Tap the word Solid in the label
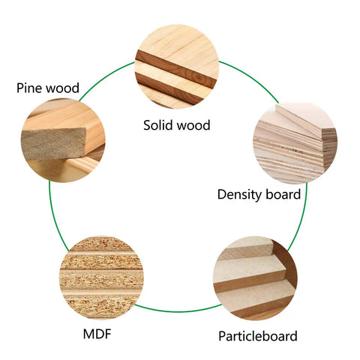pyautogui.click(x=157, y=125)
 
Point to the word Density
pyautogui.click(x=239, y=194)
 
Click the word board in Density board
pyautogui.click(x=283, y=194)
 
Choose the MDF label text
pyautogui.click(x=97, y=334)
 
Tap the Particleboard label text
pyautogui.click(x=258, y=336)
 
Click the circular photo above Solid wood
pyautogui.click(x=177, y=67)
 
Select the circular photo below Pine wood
pyautogui.click(x=63, y=140)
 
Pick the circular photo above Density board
pyautogui.click(x=295, y=142)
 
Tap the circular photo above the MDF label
pyautogui.click(x=101, y=277)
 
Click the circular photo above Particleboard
pyautogui.click(x=255, y=278)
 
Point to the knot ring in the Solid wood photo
pyautogui.click(x=199, y=78)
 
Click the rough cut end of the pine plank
pyautogui.click(x=54, y=144)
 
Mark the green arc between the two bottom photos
pyautogui.click(x=178, y=311)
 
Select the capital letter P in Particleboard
pyautogui.click(x=222, y=336)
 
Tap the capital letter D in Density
pyautogui.click(x=222, y=194)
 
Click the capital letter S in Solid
pyautogui.click(x=147, y=125)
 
